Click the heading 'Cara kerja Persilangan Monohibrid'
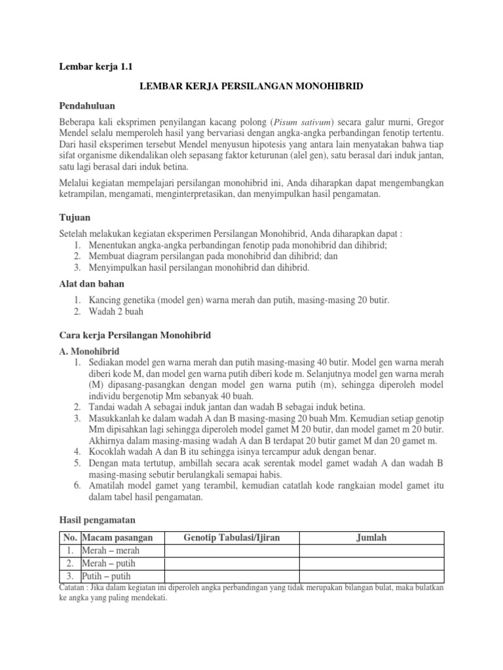136,334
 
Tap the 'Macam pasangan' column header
117,538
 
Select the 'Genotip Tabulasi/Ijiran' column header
232,538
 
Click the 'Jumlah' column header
371,538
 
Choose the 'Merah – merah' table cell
111,550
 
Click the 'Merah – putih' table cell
109,563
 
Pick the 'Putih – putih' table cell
106,576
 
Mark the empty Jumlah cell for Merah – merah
371,550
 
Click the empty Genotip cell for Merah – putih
232,563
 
